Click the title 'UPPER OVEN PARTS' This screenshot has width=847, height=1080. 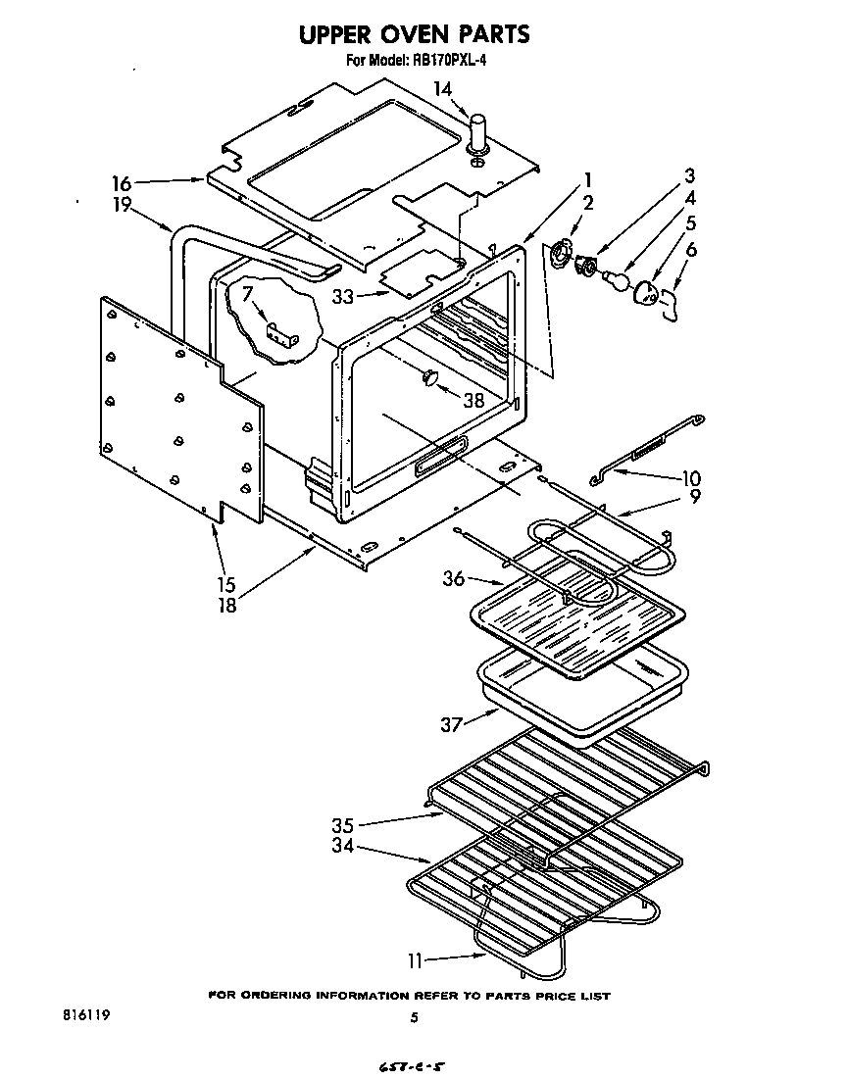pos(414,34)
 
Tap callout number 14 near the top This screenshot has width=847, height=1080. pos(443,89)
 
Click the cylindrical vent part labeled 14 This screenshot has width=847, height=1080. pos(479,133)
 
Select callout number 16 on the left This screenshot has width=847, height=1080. pos(121,182)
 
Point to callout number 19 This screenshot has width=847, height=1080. pos(121,206)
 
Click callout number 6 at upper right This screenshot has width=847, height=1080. pos(691,250)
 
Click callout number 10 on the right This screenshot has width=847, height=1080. pos(691,478)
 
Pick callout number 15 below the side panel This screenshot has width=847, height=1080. pos(226,584)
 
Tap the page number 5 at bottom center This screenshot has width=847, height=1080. pos(415,1018)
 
